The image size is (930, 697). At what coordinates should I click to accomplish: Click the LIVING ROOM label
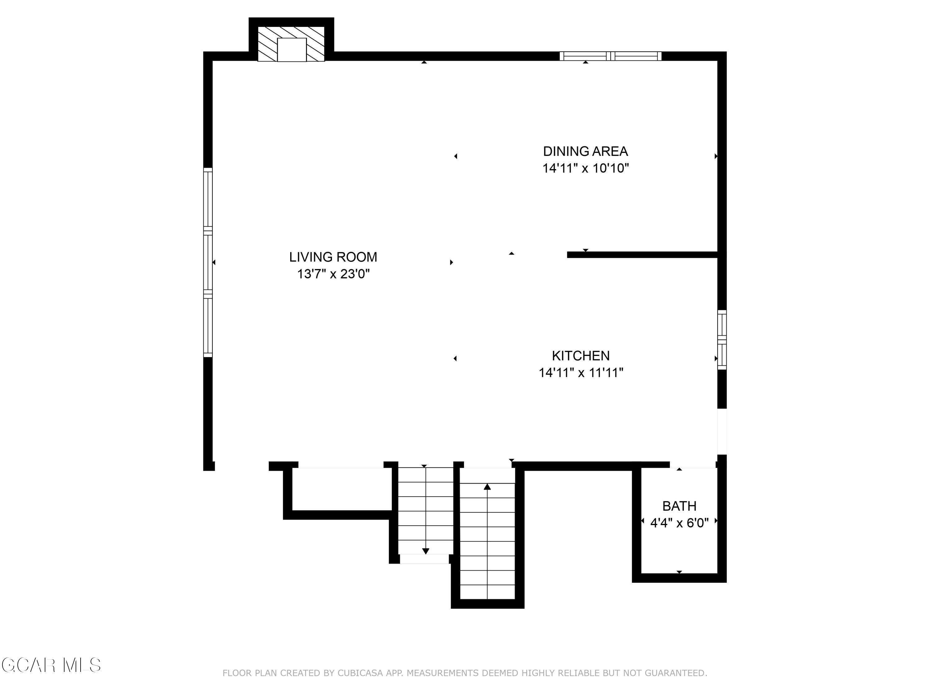tap(333, 257)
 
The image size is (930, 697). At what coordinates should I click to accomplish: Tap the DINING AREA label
tap(585, 151)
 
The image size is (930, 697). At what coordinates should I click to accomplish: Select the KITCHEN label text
tap(581, 356)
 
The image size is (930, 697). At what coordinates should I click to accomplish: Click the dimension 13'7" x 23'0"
tap(333, 274)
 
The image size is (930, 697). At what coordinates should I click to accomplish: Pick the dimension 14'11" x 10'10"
tap(585, 168)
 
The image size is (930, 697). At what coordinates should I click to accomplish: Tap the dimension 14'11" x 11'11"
tap(581, 373)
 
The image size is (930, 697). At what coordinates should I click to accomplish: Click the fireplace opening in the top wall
tap(292, 50)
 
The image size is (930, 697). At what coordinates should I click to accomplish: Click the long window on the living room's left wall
tap(208, 263)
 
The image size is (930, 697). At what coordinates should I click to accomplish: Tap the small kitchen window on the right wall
tap(722, 340)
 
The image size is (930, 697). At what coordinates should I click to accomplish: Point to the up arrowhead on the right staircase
tap(487, 487)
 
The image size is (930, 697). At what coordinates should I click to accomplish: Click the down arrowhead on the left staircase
tap(426, 551)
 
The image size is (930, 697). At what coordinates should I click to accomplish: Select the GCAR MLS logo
tap(51, 665)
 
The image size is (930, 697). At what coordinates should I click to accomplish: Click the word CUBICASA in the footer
tap(360, 673)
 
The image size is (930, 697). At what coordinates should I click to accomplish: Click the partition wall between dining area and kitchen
tap(642, 255)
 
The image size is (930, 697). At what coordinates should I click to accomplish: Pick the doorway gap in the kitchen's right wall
tap(722, 432)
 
